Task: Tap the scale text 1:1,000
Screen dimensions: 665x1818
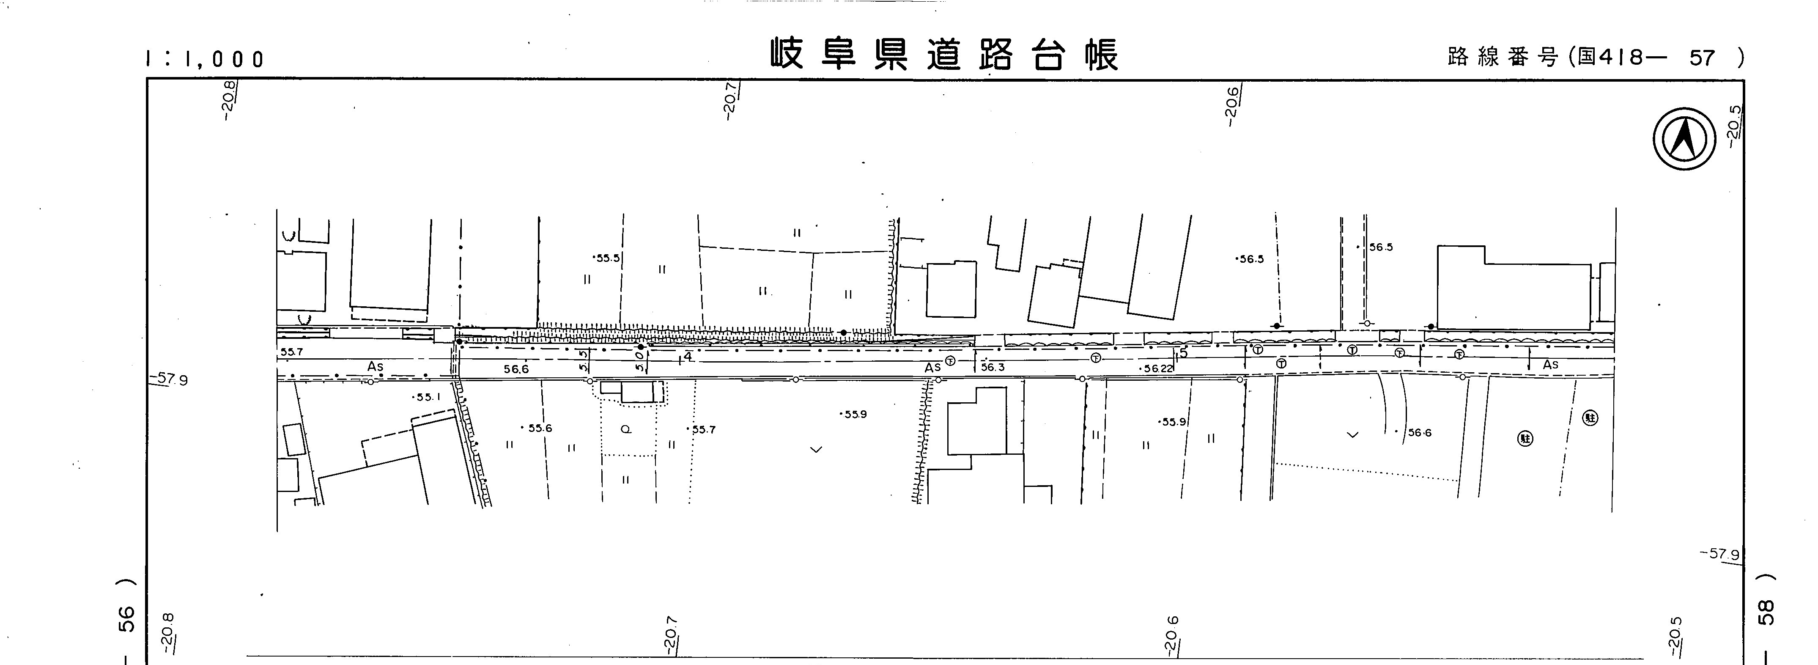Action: click(x=205, y=59)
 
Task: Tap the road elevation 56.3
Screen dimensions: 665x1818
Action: click(x=992, y=368)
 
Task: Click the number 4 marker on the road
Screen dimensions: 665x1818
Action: click(x=687, y=357)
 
